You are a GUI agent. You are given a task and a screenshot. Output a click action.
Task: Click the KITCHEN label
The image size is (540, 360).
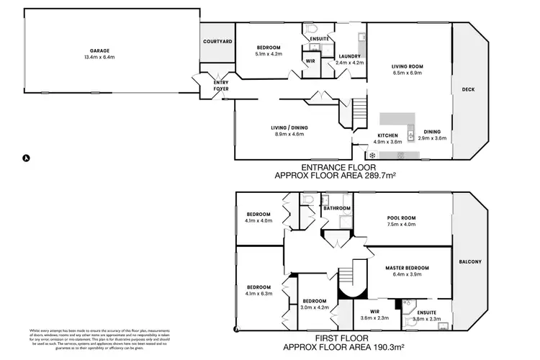click(x=389, y=135)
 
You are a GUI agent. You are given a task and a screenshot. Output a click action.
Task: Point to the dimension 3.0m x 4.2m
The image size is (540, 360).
click(x=315, y=307)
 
